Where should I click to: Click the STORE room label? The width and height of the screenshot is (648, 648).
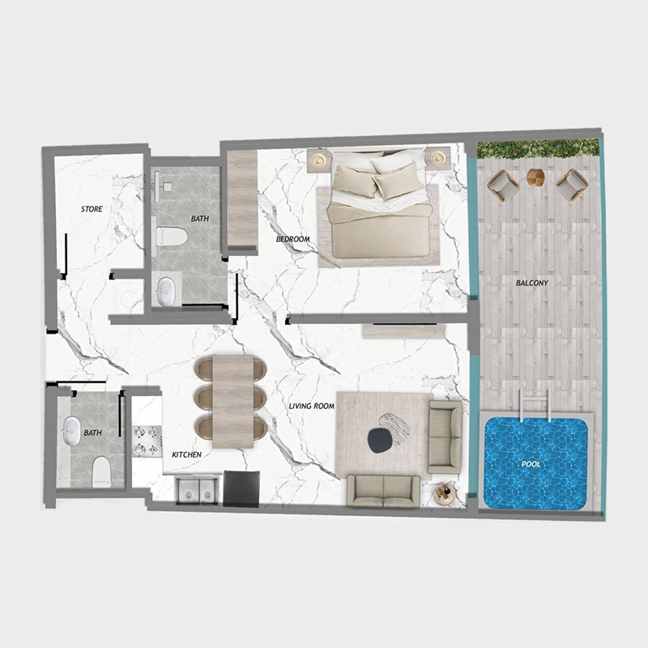tap(92, 209)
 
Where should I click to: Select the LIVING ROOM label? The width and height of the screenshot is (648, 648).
tap(312, 405)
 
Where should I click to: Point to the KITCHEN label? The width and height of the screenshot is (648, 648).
tap(186, 455)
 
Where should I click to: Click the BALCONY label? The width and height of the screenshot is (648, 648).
tap(532, 283)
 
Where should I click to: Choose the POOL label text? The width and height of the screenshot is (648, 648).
tap(531, 464)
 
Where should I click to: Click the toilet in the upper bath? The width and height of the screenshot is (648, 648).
tap(171, 237)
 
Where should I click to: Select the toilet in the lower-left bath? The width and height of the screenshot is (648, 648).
tap(101, 470)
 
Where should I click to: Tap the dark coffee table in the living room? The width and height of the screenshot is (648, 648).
tap(379, 441)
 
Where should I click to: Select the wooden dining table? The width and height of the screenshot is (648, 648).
tap(233, 402)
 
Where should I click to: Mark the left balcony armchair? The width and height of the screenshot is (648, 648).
tap(503, 185)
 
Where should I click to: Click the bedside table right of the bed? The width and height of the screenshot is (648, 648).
tap(439, 158)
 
